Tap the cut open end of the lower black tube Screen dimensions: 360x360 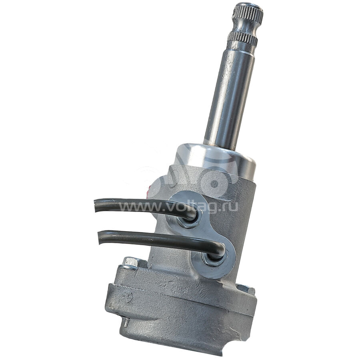(x=100, y=237)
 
